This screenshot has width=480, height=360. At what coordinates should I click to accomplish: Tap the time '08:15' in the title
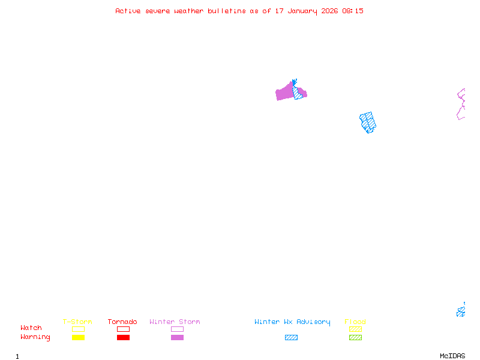353,11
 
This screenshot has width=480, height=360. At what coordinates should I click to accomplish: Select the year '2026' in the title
328,11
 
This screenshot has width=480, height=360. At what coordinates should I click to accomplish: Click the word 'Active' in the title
128,11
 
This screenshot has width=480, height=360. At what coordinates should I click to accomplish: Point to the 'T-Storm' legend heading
77,322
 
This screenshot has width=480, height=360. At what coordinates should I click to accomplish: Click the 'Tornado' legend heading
122,322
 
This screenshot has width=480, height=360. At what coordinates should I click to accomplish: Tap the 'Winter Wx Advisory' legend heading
292,322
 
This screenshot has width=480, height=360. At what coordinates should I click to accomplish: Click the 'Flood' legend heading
355,322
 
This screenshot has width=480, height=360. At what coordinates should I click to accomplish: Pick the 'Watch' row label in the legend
31,328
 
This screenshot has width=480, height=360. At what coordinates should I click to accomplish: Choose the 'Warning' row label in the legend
35,337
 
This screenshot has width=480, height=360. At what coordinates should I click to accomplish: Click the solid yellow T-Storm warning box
78,338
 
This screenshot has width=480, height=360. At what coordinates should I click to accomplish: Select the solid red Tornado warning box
123,338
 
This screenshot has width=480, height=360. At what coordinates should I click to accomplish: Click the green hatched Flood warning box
355,338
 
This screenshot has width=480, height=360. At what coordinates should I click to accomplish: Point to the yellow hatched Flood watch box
355,329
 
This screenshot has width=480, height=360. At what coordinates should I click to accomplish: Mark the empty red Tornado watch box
123,329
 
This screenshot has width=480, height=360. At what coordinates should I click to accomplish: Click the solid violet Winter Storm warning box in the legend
177,338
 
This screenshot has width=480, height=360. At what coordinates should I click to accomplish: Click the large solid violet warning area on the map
284,94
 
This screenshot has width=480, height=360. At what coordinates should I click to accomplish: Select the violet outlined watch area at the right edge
461,104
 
